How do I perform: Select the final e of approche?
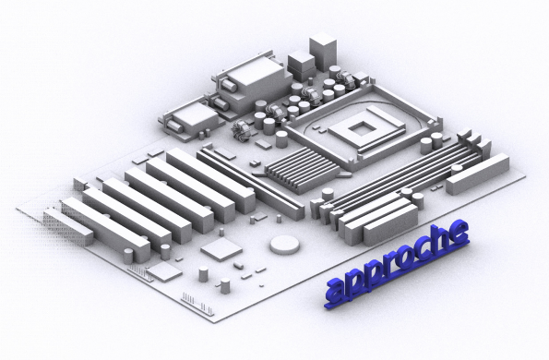pos(459,232)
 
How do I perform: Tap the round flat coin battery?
pos(285,245)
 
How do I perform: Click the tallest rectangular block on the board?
pos(323,52)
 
